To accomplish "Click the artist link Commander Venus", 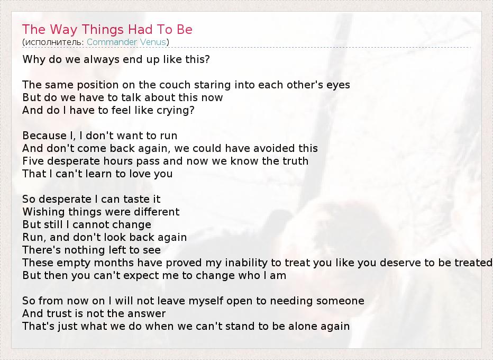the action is coord(126,42).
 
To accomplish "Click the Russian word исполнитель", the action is coord(53,42).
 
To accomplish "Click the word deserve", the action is coord(402,263).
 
